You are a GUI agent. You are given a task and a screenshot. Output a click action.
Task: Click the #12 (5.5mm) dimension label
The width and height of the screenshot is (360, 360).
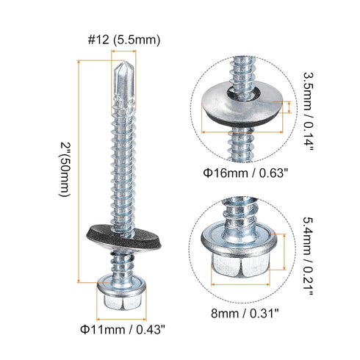coord(123,39)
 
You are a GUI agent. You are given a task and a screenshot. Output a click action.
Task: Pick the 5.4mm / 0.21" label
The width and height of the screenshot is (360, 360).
coord(309,256)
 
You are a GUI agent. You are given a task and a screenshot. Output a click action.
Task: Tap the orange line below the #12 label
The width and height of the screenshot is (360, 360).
coord(122,54)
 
